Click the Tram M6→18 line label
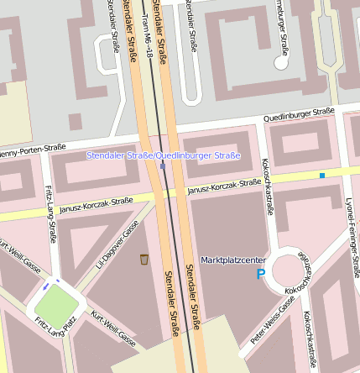click(148, 34)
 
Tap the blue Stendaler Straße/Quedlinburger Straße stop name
click(164, 155)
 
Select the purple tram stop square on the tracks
click(162, 165)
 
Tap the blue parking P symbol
click(260, 274)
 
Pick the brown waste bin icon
click(144, 260)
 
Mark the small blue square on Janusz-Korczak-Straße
click(321, 176)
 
